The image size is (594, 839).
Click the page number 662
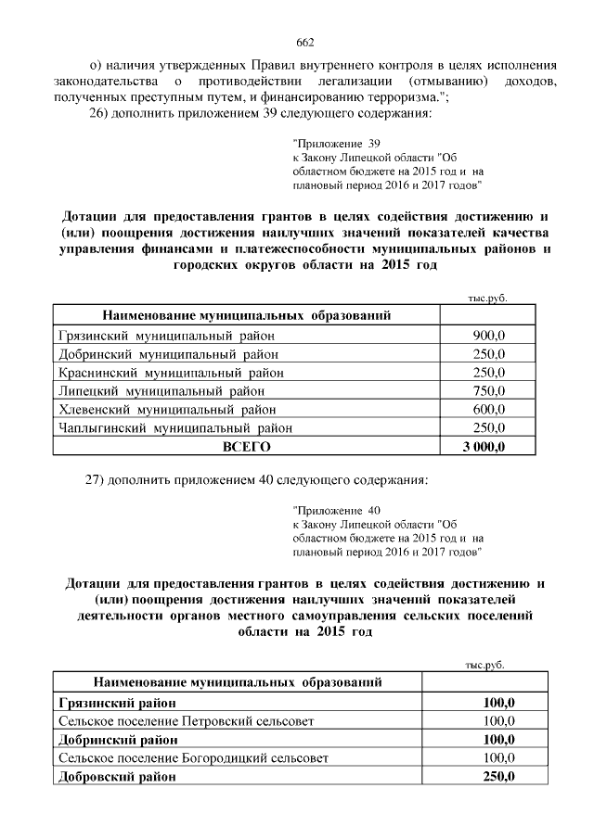(x=305, y=43)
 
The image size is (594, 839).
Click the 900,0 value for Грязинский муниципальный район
(x=488, y=335)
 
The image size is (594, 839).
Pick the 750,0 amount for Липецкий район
(x=488, y=391)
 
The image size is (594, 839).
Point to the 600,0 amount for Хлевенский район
(x=488, y=410)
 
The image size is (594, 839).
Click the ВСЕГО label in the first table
(x=246, y=447)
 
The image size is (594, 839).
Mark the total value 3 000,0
(x=484, y=447)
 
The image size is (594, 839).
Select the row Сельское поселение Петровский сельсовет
(x=186, y=720)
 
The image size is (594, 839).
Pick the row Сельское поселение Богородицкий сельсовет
(x=192, y=757)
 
